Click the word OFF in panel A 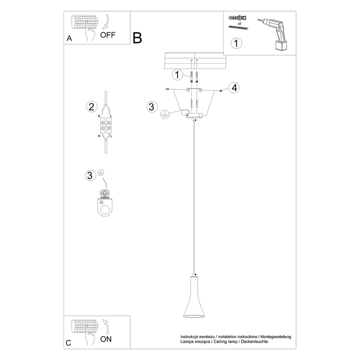click(108, 35)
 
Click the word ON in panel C click(106, 339)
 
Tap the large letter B click(137, 38)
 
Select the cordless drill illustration click(273, 34)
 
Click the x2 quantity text click(239, 24)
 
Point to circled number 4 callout click(234, 88)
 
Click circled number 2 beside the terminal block click(92, 107)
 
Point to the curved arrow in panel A click(106, 22)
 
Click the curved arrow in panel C click(106, 326)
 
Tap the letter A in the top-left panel click(69, 38)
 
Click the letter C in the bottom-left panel click(69, 343)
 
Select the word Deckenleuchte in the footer click(255, 342)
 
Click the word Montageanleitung click(276, 337)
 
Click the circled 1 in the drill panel click(236, 43)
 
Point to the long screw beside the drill click(239, 28)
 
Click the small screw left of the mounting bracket click(167, 89)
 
